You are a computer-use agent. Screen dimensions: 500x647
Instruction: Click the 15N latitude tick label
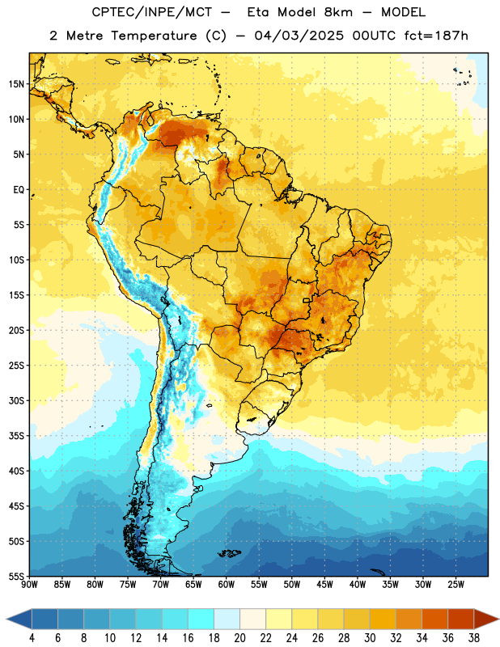coord(16,84)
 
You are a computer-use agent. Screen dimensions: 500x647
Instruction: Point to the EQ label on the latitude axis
coord(19,190)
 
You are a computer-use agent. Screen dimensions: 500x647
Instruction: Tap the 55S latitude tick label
coord(16,576)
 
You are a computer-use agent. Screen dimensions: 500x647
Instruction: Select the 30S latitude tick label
coord(16,400)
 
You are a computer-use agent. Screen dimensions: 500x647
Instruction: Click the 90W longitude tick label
coord(29,585)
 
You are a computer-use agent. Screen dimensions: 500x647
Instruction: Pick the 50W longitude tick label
coord(292,585)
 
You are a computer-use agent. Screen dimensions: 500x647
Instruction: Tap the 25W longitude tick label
coord(456,585)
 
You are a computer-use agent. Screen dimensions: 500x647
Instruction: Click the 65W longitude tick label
coord(193,585)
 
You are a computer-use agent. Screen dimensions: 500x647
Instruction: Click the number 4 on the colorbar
coord(32,638)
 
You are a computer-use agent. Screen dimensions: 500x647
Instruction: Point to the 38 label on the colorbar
coord(474,638)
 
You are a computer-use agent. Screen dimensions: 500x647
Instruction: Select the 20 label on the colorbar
coord(239,638)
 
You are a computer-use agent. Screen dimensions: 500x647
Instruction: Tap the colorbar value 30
coord(370,638)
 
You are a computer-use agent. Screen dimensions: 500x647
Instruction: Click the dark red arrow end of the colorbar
coord(486,619)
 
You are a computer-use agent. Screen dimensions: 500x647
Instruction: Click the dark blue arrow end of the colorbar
coord(19,619)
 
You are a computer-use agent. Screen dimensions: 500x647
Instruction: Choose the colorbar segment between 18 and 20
coord(227,619)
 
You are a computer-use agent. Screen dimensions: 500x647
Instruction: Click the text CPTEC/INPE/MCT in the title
coord(152,12)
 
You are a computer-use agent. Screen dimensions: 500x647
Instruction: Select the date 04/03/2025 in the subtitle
coord(299,36)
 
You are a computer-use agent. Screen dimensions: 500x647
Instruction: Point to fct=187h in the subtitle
coord(436,36)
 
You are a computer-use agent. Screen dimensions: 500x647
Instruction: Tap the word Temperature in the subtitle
coord(154,36)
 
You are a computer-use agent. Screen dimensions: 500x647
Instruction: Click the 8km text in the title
coord(338,12)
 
